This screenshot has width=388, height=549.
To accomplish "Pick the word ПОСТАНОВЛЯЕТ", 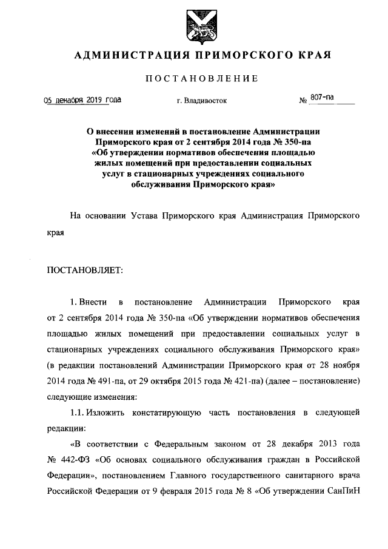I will [x=85, y=271].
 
